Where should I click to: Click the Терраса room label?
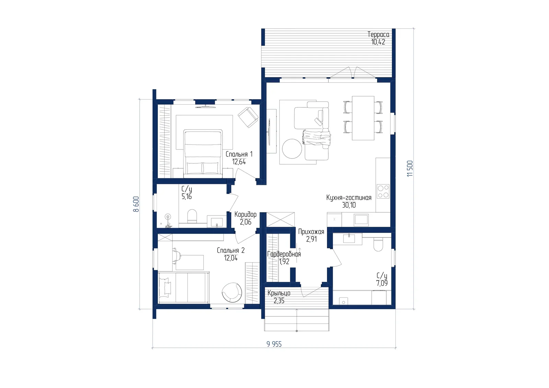click(378, 35)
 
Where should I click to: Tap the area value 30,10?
click(349, 205)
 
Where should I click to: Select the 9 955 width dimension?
click(274, 344)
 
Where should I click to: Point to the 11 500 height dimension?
click(410, 168)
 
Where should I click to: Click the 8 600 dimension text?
click(136, 204)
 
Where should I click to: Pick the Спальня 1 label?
click(239, 154)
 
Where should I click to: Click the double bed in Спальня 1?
click(203, 153)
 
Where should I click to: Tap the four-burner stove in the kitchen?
click(383, 191)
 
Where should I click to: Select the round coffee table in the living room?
click(292, 149)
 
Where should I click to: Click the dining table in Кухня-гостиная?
click(363, 118)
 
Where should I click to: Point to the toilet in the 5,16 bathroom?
click(192, 216)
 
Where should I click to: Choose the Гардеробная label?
click(284, 254)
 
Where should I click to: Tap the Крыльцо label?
click(279, 293)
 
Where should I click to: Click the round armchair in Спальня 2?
click(232, 292)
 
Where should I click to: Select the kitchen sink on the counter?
click(361, 220)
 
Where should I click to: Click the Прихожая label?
click(311, 232)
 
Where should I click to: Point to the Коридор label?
click(245, 214)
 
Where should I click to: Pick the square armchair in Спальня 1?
click(248, 117)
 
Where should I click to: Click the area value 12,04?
click(231, 258)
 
